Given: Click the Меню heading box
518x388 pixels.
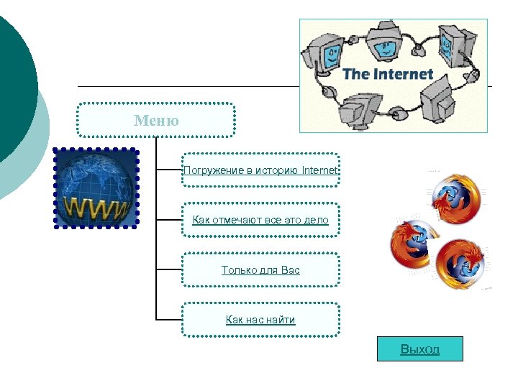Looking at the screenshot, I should (156, 120).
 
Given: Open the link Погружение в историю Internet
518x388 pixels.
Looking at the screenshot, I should (260, 170).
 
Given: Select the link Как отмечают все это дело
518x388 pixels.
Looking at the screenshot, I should (260, 220).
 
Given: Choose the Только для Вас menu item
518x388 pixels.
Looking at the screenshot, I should (260, 270).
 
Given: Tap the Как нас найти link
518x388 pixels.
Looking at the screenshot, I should (260, 320).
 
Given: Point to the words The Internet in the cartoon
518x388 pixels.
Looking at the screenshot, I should (388, 74).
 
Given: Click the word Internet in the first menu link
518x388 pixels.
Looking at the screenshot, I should (319, 170).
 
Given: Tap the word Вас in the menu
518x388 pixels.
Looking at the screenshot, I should (291, 270).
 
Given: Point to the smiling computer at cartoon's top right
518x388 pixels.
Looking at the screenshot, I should (452, 43).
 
